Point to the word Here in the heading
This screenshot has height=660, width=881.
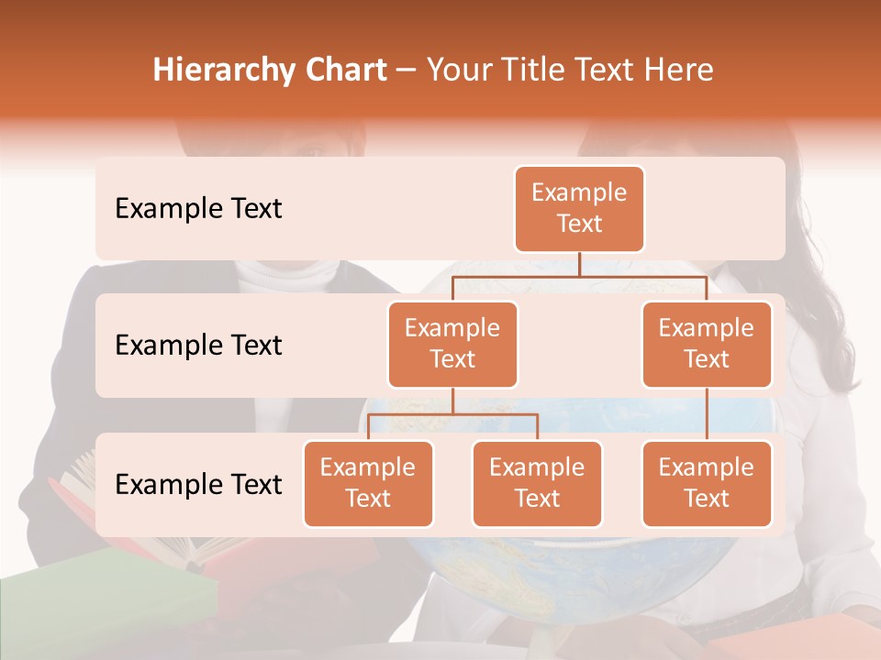point(677,70)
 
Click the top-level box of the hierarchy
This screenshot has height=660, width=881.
point(579,209)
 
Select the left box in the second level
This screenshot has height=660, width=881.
point(452,345)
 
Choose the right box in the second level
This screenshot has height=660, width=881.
point(707,345)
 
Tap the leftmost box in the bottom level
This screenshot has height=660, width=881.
point(368,484)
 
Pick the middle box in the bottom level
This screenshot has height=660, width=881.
point(537,484)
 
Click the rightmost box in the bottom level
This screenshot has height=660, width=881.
point(707,484)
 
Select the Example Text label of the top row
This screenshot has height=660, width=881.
point(198,209)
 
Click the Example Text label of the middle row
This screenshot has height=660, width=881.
point(198,346)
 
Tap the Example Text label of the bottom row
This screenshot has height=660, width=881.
point(198,485)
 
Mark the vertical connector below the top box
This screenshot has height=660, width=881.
point(579,264)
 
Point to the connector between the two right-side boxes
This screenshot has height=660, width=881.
point(707,414)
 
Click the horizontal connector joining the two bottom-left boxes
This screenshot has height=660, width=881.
point(452,414)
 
